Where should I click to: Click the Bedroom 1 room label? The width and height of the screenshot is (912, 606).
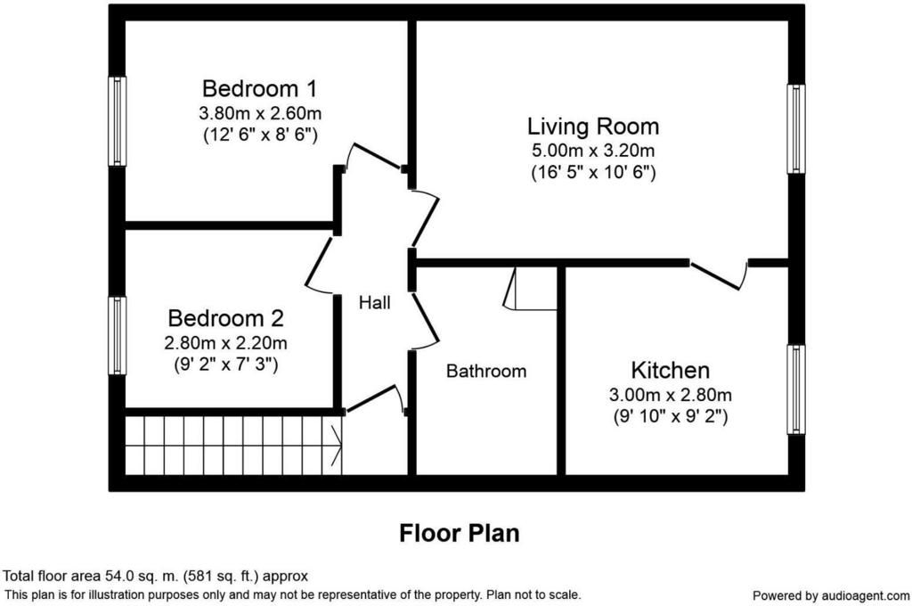point(260,88)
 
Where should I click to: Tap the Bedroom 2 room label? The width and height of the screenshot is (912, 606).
point(225,318)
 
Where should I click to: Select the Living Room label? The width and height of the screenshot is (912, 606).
point(593,127)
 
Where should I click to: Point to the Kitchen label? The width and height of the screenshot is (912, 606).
point(670,370)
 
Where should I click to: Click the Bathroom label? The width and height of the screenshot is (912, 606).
point(486,371)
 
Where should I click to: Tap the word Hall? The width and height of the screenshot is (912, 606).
point(375,302)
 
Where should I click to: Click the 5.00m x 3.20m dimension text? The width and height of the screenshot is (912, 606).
point(593,151)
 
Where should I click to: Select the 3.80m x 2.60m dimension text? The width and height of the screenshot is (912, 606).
point(260,112)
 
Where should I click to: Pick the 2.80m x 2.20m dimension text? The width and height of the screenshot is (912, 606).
point(225,343)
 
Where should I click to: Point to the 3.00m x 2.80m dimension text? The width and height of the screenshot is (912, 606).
point(670,395)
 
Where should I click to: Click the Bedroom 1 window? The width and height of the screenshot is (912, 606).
point(118,121)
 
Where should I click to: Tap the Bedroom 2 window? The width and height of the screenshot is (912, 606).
point(118,336)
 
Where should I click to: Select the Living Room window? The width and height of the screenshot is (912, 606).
point(796,128)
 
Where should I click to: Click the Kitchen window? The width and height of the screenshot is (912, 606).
point(796,389)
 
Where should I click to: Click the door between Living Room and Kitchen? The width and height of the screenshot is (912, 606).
point(720,275)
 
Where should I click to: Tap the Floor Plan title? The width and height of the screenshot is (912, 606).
point(460,533)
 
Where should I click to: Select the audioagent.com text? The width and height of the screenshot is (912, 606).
point(866,595)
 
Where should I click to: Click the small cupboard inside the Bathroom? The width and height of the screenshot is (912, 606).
point(531,289)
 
